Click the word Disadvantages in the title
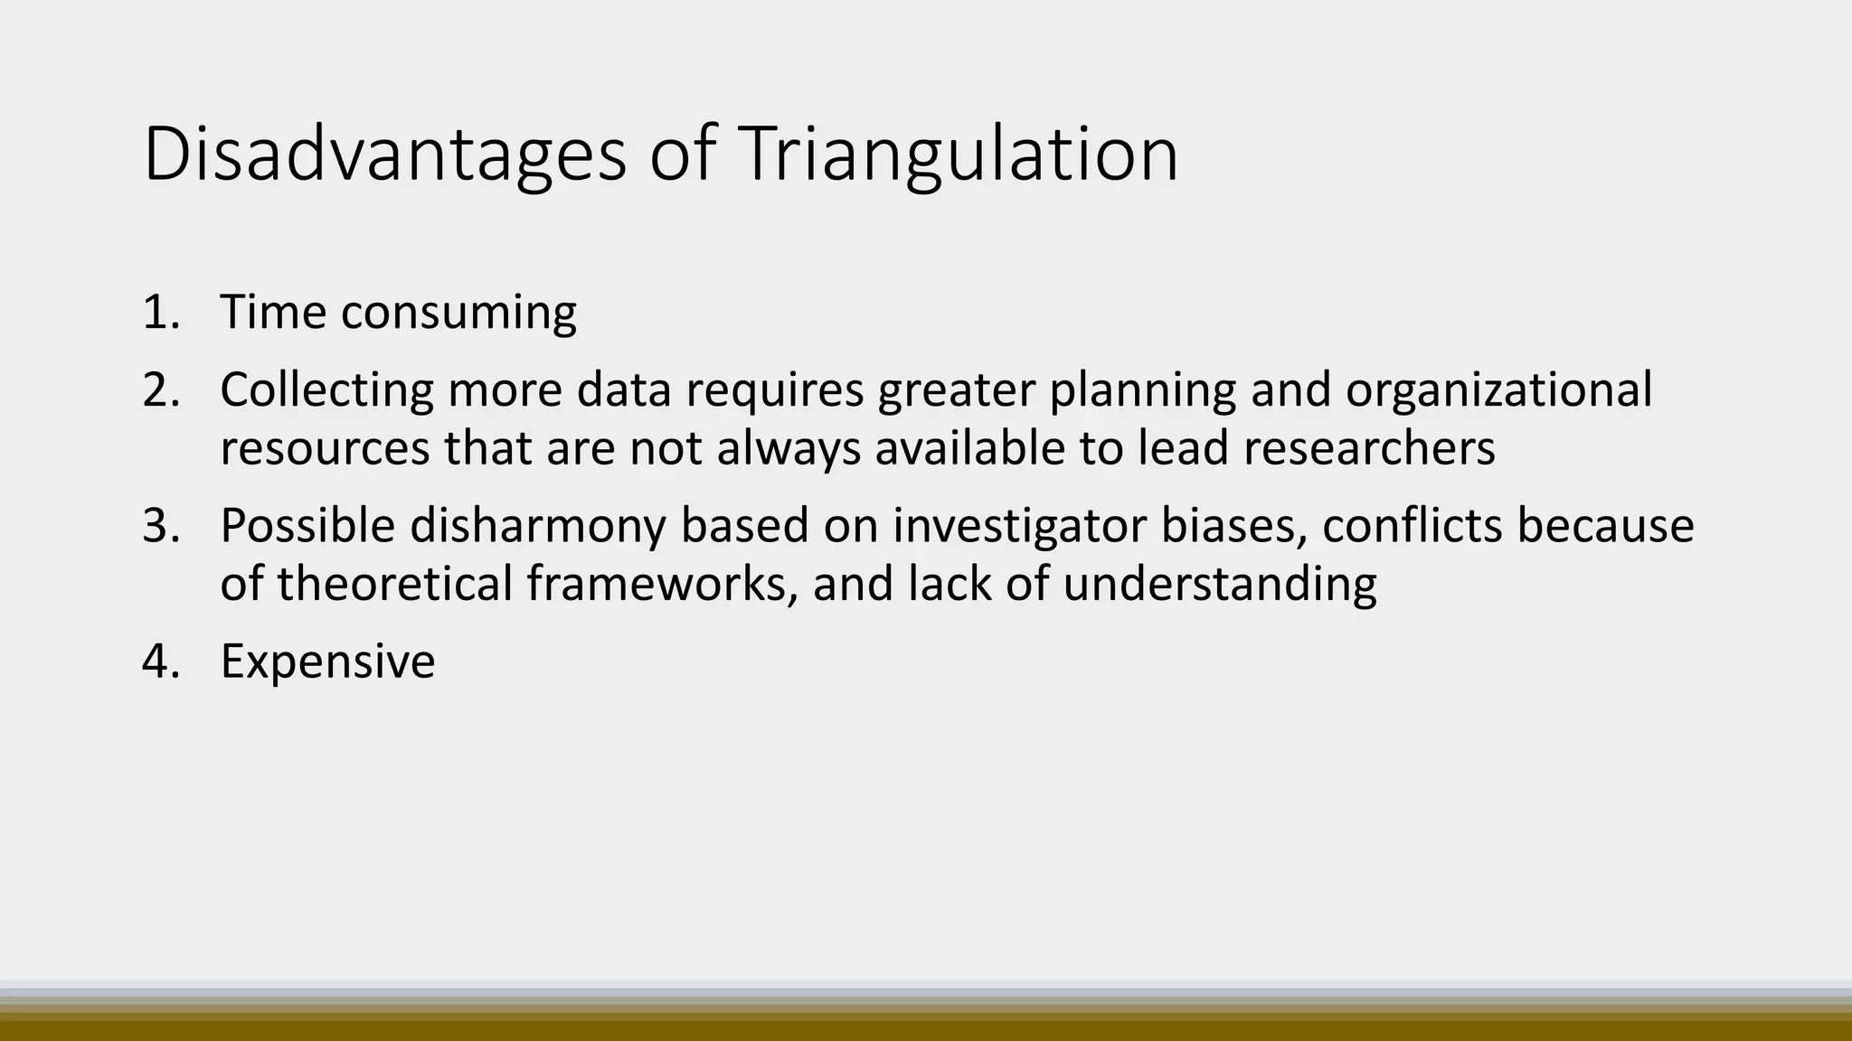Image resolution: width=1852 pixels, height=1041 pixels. [384, 155]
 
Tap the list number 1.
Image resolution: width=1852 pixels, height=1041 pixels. [161, 312]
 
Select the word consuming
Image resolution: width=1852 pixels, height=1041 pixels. [458, 314]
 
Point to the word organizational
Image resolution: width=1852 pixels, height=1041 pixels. [1498, 389]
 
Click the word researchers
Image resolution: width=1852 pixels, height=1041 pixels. [1369, 448]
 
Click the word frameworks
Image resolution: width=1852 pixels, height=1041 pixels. [662, 583]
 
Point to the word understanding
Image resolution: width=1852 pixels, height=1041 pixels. [1219, 585]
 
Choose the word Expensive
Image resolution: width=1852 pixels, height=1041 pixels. [327, 661]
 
